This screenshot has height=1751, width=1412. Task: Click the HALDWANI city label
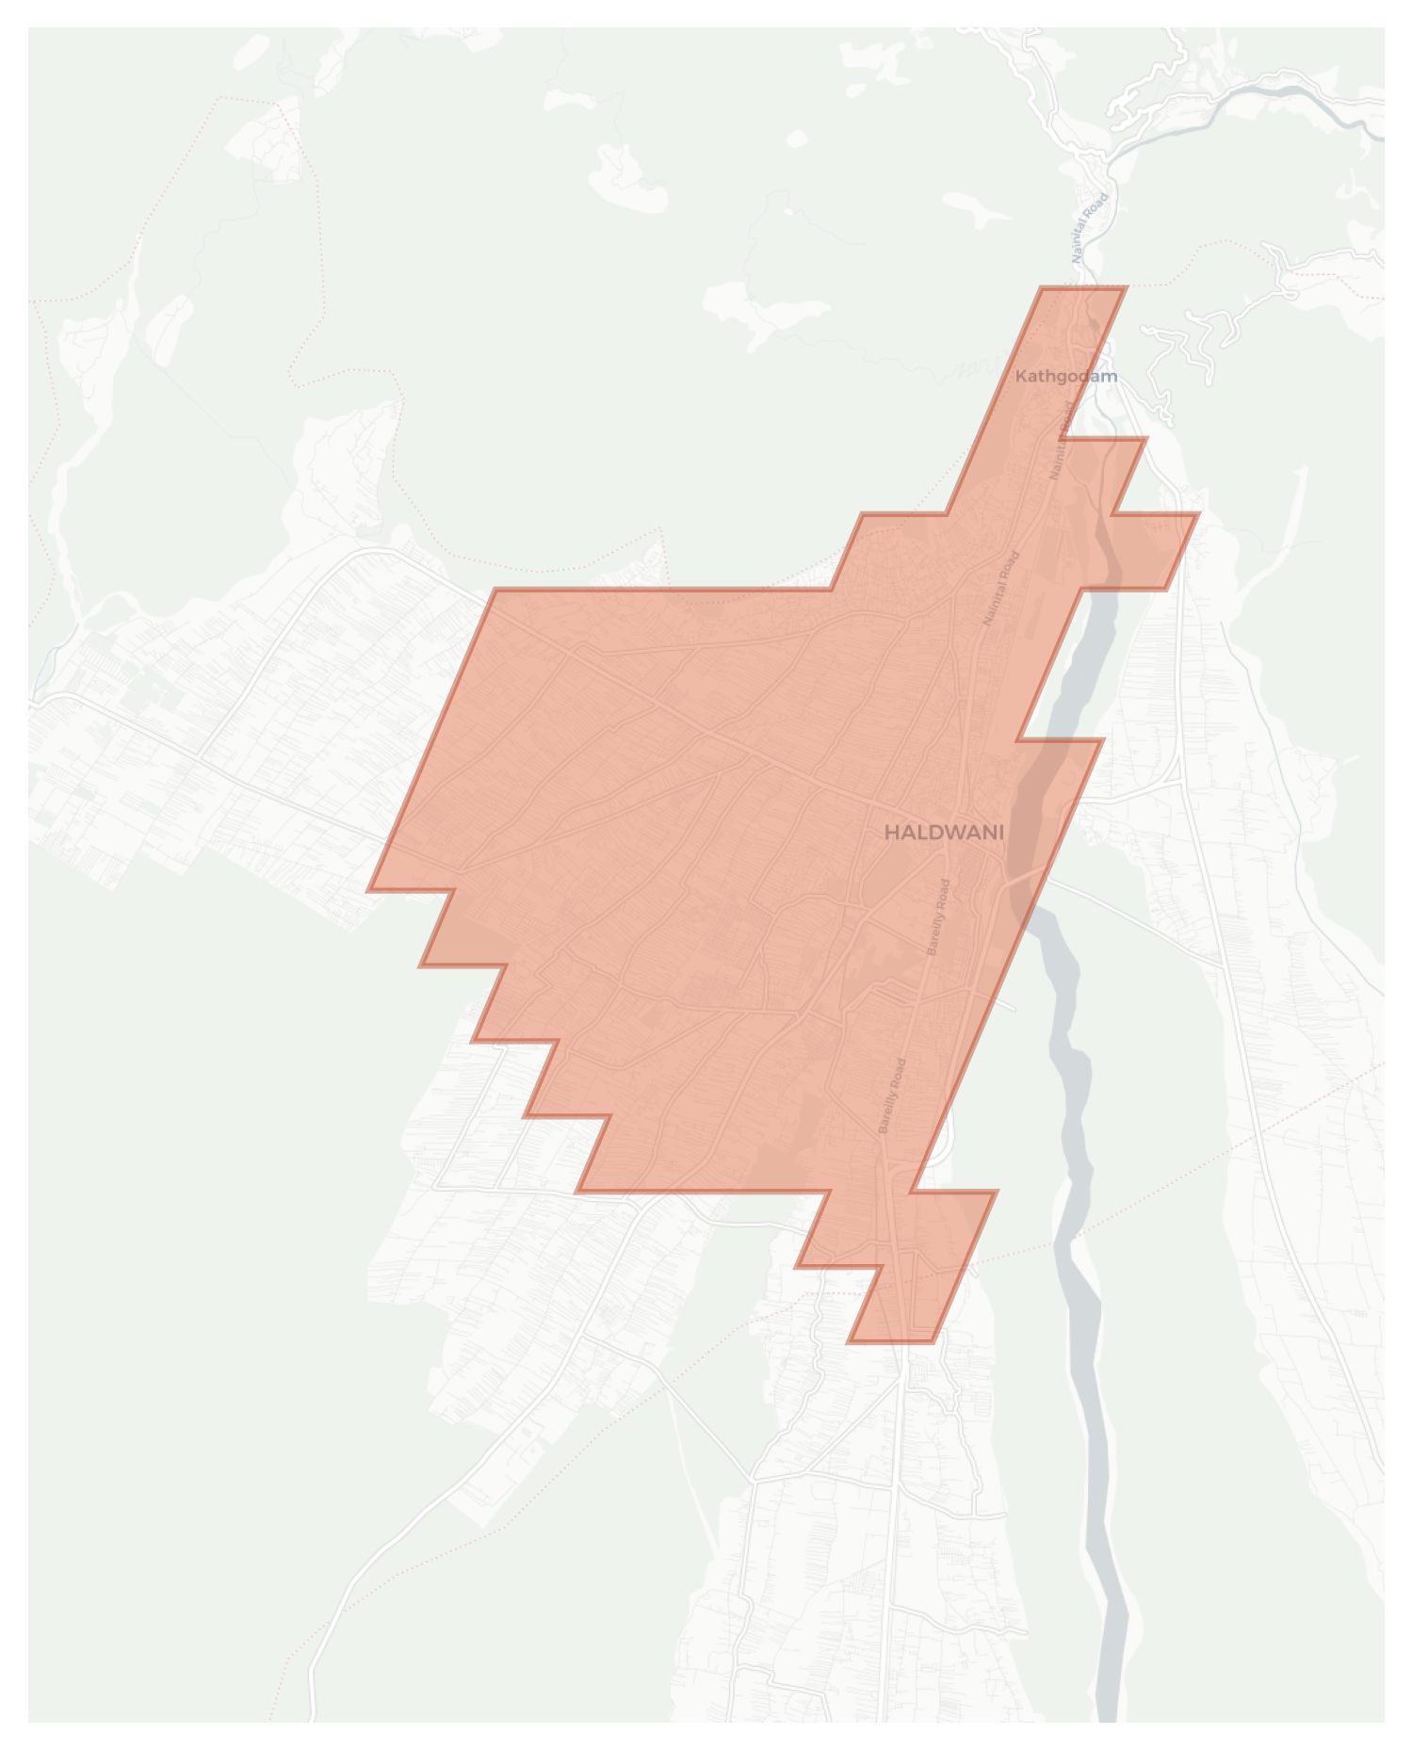[x=944, y=833]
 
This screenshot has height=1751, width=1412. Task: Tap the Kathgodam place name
[x=1066, y=376]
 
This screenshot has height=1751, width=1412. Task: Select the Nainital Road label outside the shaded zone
[x=1090, y=228]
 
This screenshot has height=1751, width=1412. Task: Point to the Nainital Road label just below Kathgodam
[x=1062, y=441]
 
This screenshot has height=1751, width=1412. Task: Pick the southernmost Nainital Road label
[x=1001, y=588]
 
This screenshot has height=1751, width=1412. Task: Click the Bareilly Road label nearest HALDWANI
[x=939, y=917]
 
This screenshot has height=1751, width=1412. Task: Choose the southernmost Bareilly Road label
[x=892, y=1095]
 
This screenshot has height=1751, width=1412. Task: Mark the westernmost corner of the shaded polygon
[x=369, y=889]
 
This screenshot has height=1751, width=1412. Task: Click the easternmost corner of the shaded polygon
[x=1197, y=514]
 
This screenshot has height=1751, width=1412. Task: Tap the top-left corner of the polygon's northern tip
[x=1042, y=288]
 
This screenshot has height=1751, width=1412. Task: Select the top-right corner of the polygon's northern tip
[x=1126, y=288]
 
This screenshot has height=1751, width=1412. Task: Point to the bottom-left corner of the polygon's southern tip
[x=850, y=1341]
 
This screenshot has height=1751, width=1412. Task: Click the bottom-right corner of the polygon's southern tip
[x=933, y=1341]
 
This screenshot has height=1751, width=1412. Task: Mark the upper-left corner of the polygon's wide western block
[x=495, y=591]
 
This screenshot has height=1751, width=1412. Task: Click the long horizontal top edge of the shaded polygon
[x=659, y=591]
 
